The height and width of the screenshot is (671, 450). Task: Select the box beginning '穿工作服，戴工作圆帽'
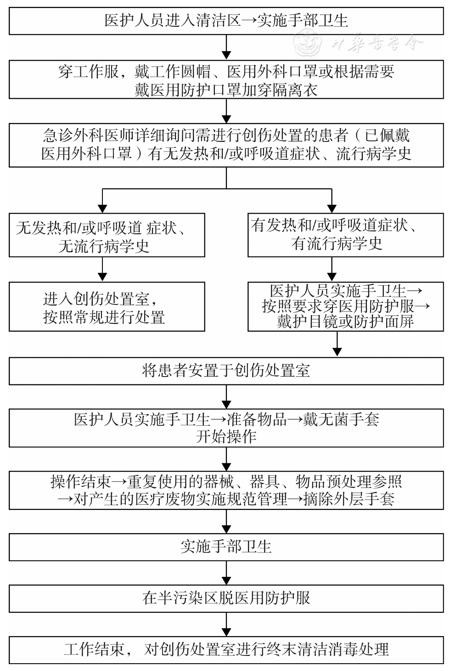click(226, 80)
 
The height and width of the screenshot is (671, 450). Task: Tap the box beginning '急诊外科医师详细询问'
click(226, 144)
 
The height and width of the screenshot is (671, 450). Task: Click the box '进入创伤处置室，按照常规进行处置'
click(107, 307)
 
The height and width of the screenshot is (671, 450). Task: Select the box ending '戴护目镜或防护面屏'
click(345, 306)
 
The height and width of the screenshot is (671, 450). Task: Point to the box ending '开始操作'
click(226, 428)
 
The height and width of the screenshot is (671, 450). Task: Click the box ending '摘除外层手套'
click(226, 491)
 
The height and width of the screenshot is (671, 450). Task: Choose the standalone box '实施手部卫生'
click(226, 547)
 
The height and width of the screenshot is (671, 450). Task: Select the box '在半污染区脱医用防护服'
click(226, 598)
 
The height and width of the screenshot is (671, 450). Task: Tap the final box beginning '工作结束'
click(226, 650)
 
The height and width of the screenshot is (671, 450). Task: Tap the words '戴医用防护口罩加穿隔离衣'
click(226, 90)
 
